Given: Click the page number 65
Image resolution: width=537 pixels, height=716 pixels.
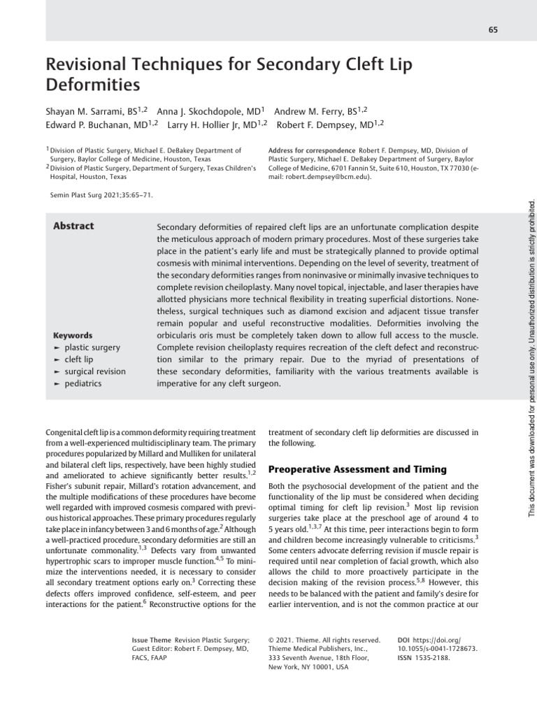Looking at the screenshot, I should pos(473,29).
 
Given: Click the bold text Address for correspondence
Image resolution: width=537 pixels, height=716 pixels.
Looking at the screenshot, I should pos(311,150).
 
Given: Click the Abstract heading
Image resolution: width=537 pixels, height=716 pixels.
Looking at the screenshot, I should pos(73,226).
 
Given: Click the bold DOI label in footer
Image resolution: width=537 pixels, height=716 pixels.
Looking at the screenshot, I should pos(403,639).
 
